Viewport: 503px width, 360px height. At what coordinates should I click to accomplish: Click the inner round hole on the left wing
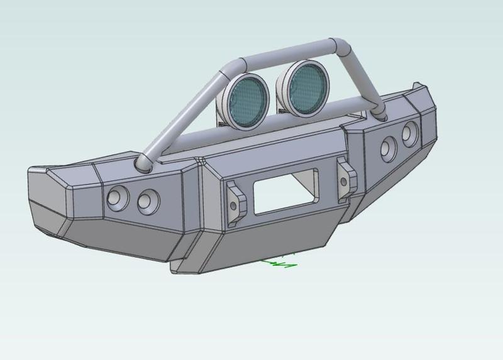pos(148,200)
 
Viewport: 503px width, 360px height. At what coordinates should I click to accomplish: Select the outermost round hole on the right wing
pos(410,133)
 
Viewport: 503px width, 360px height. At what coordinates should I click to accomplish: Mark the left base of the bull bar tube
pos(143,165)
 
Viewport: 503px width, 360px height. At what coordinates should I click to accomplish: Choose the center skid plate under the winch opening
pos(270,242)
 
